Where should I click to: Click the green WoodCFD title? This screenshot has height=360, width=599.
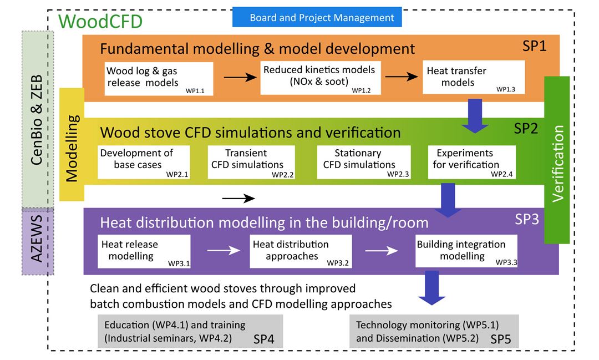(x=100, y=22)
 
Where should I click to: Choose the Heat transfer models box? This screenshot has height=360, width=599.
(x=473, y=78)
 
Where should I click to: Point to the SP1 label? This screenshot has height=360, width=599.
(x=534, y=46)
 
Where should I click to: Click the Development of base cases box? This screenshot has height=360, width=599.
(x=144, y=162)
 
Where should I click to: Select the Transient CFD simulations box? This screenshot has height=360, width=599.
(x=251, y=162)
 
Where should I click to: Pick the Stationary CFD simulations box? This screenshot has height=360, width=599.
(x=364, y=162)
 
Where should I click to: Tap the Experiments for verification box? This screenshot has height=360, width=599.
(x=471, y=162)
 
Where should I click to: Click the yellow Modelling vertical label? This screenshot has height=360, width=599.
(x=72, y=149)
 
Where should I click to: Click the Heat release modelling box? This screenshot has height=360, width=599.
(x=144, y=251)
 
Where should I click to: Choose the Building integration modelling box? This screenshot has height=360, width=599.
(x=466, y=251)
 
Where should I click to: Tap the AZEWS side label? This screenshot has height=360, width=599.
(x=38, y=241)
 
